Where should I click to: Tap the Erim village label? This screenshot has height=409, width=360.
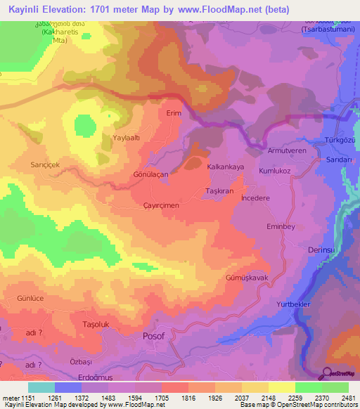click(174, 112)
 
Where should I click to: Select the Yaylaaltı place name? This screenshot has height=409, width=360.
click(129, 138)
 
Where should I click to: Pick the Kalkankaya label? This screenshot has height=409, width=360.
click(225, 167)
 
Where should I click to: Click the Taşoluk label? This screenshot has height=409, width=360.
click(97, 325)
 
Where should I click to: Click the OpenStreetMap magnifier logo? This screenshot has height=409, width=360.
click(327, 373)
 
